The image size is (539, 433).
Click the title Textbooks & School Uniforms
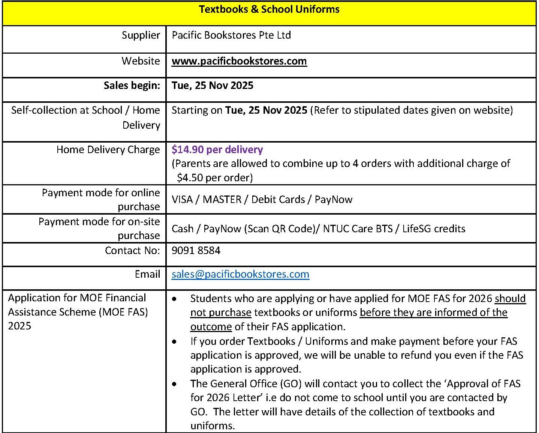coord(269,9)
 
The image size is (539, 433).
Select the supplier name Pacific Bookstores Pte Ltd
coord(231,35)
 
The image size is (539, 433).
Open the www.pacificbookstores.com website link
coord(239,61)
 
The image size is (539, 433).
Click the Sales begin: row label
coord(132,86)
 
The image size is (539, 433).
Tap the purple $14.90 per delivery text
coord(217,150)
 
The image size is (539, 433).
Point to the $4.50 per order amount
coord(214,177)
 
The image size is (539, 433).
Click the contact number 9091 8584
coord(196,250)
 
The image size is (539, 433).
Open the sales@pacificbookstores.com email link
coord(240,274)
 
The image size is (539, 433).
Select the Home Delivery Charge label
coord(108,150)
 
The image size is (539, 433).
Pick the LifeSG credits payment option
coord(434,229)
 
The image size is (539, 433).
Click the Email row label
coord(147,274)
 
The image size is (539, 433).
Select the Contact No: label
coord(132,250)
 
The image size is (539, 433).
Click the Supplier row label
coord(141,35)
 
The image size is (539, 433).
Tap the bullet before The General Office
coord(174,384)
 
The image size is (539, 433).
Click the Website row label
coord(141,61)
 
